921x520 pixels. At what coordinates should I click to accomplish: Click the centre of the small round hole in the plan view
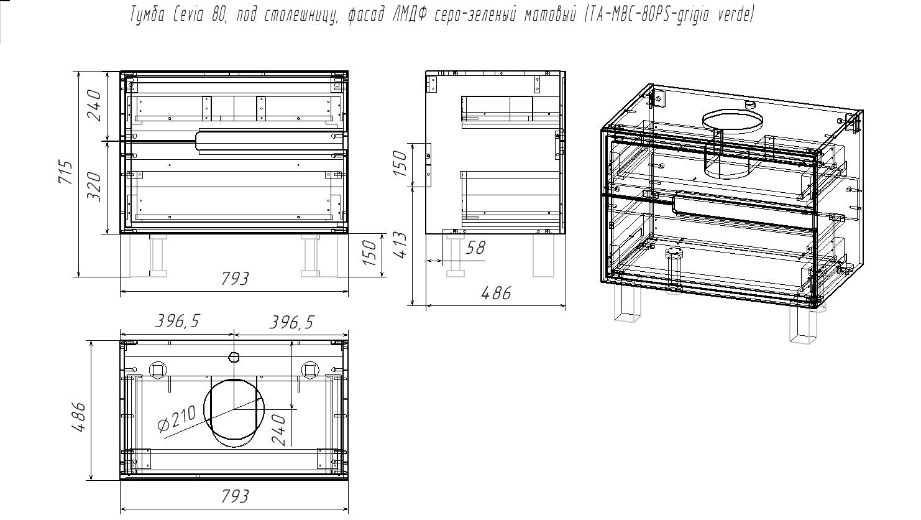click(234, 357)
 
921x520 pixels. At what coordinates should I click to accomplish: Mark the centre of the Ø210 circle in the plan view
click(234, 409)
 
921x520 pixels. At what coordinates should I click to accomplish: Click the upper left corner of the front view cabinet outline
click(121, 72)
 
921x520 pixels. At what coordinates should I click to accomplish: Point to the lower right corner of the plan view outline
click(348, 480)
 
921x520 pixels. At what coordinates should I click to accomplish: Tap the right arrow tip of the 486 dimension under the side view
click(566, 305)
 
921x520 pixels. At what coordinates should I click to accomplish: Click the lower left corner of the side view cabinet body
click(426, 234)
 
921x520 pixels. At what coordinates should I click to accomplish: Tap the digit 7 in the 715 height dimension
click(68, 179)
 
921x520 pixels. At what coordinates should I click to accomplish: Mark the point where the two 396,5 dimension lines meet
click(234, 335)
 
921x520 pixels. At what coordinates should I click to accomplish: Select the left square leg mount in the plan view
click(157, 369)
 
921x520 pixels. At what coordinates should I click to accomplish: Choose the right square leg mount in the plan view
click(309, 369)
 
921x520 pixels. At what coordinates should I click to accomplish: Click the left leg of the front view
click(157, 256)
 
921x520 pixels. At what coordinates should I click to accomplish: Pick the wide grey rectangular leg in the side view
click(543, 256)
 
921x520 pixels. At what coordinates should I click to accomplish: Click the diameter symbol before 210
click(164, 426)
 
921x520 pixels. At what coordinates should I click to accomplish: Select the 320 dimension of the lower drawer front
click(94, 187)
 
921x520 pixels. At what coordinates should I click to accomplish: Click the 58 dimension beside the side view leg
click(475, 248)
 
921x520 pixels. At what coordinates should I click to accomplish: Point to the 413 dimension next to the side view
click(401, 245)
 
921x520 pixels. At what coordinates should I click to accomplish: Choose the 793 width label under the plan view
click(235, 496)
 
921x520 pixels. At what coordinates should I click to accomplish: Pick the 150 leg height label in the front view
click(370, 253)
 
